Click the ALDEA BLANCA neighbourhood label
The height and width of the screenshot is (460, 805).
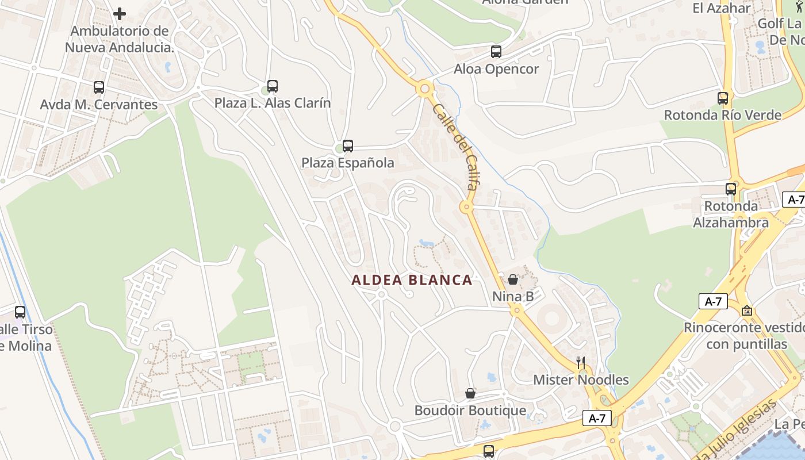click(x=412, y=280)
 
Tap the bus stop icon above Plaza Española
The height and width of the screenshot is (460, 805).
click(x=347, y=146)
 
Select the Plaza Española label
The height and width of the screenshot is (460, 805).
click(x=348, y=163)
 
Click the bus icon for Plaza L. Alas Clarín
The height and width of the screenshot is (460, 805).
click(x=273, y=86)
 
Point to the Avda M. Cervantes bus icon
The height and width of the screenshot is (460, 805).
click(x=99, y=87)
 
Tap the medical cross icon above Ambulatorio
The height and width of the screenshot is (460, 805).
click(x=120, y=13)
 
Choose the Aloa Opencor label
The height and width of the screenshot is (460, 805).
click(x=496, y=69)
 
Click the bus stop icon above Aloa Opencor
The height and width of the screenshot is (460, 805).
click(x=496, y=52)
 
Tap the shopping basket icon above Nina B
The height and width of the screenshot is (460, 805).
click(x=513, y=279)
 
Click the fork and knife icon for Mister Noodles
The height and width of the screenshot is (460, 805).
click(x=581, y=362)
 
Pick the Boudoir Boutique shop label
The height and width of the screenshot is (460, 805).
click(x=470, y=411)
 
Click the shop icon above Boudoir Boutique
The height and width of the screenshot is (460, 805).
click(x=470, y=393)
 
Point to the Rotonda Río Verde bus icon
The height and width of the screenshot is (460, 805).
click(x=723, y=98)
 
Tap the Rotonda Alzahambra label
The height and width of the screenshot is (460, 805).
click(x=731, y=214)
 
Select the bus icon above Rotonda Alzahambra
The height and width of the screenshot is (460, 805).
click(x=731, y=189)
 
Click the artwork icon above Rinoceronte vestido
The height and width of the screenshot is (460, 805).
click(x=746, y=310)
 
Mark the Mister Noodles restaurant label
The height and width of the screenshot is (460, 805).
click(x=581, y=380)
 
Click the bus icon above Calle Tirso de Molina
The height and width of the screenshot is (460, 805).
click(x=20, y=312)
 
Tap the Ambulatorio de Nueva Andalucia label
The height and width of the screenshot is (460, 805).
click(x=120, y=39)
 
